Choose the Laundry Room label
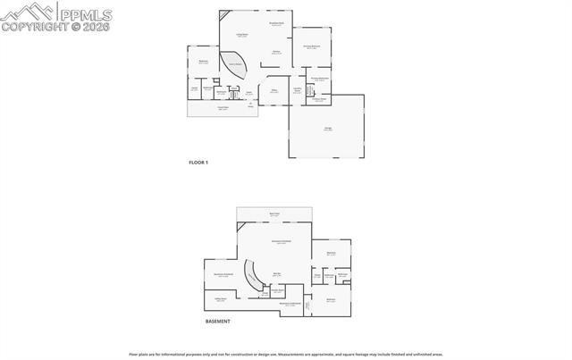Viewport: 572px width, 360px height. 298,91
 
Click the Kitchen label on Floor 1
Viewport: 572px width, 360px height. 277,53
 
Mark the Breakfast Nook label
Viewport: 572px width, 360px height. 277,24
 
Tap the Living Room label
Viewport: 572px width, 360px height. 241,34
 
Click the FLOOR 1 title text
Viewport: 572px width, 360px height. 198,162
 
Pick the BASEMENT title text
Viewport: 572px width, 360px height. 218,322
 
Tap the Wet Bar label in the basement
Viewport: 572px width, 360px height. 277,273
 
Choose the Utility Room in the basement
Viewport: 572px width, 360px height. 220,300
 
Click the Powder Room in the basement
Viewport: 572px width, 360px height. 278,289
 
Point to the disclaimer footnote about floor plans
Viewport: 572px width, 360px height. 286,355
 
